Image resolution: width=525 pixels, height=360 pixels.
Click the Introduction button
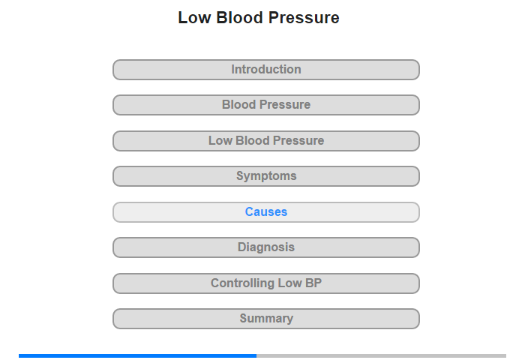click(x=266, y=70)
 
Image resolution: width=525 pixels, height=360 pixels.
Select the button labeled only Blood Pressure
click(x=266, y=105)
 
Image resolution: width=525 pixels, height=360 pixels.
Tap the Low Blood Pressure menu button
click(x=266, y=141)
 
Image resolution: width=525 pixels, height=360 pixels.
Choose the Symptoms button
click(x=266, y=176)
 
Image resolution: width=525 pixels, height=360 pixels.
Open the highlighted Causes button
click(x=266, y=212)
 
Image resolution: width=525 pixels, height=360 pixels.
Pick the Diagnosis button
click(x=266, y=247)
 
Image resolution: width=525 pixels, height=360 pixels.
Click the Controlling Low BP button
click(x=266, y=283)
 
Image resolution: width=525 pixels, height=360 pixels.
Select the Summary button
click(x=266, y=319)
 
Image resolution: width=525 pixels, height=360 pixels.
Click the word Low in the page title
click(x=194, y=18)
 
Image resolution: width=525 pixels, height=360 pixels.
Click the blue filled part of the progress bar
click(x=137, y=355)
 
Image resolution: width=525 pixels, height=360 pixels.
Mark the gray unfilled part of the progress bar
click(x=381, y=355)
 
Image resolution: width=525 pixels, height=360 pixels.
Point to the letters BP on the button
click(x=313, y=283)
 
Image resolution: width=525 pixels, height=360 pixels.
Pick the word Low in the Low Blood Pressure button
click(x=220, y=141)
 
